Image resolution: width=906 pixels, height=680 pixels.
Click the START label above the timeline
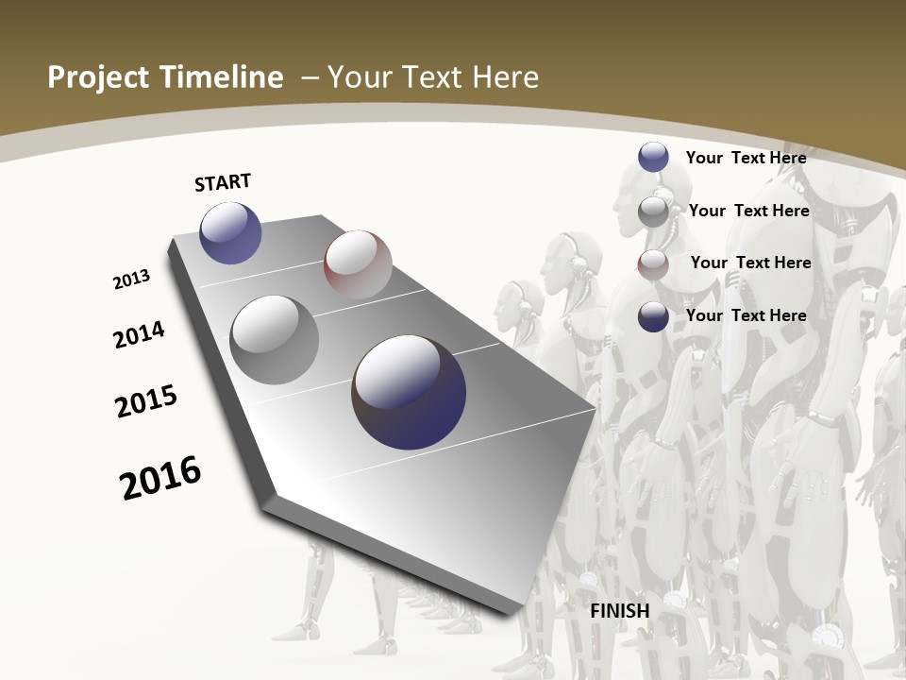pos(223,182)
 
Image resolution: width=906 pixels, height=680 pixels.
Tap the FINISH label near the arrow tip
pos(620,611)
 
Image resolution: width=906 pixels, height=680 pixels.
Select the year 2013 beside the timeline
pos(131,280)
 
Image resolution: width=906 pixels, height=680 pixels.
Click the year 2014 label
pos(139,334)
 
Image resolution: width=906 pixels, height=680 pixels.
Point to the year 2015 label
pos(146,401)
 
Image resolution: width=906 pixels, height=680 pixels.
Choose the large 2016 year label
pos(160,478)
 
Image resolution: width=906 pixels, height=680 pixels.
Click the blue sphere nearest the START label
pos(230,232)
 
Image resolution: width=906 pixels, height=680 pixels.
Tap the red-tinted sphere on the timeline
pos(358,264)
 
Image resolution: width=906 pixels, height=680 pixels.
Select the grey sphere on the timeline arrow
pos(275,340)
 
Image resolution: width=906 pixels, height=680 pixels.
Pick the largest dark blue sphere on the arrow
pos(409,392)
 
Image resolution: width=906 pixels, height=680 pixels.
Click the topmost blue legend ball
pos(653,157)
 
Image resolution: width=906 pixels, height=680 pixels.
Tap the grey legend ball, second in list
pos(653,212)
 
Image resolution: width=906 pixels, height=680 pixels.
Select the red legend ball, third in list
pos(653,264)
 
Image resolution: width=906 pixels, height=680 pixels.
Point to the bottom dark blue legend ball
pos(653,316)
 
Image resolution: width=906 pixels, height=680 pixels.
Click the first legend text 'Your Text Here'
pos(746,158)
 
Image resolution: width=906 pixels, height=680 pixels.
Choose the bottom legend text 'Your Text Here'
pos(746,315)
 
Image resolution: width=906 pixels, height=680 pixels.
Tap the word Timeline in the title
pos(223,77)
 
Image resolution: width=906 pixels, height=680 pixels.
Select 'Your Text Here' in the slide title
pos(433,77)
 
